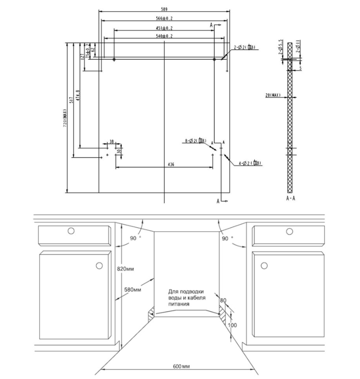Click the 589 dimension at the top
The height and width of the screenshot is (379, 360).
[164, 9]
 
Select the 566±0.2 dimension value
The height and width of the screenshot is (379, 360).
[164, 19]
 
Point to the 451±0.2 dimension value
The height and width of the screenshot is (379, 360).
[164, 28]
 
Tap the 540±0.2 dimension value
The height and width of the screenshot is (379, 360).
[164, 36]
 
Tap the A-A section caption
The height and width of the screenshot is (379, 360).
[290, 199]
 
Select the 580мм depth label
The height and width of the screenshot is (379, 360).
[132, 290]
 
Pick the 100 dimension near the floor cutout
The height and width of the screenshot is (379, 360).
[233, 325]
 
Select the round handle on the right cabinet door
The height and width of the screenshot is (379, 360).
[264, 265]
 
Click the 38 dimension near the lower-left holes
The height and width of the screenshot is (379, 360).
[111, 142]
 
